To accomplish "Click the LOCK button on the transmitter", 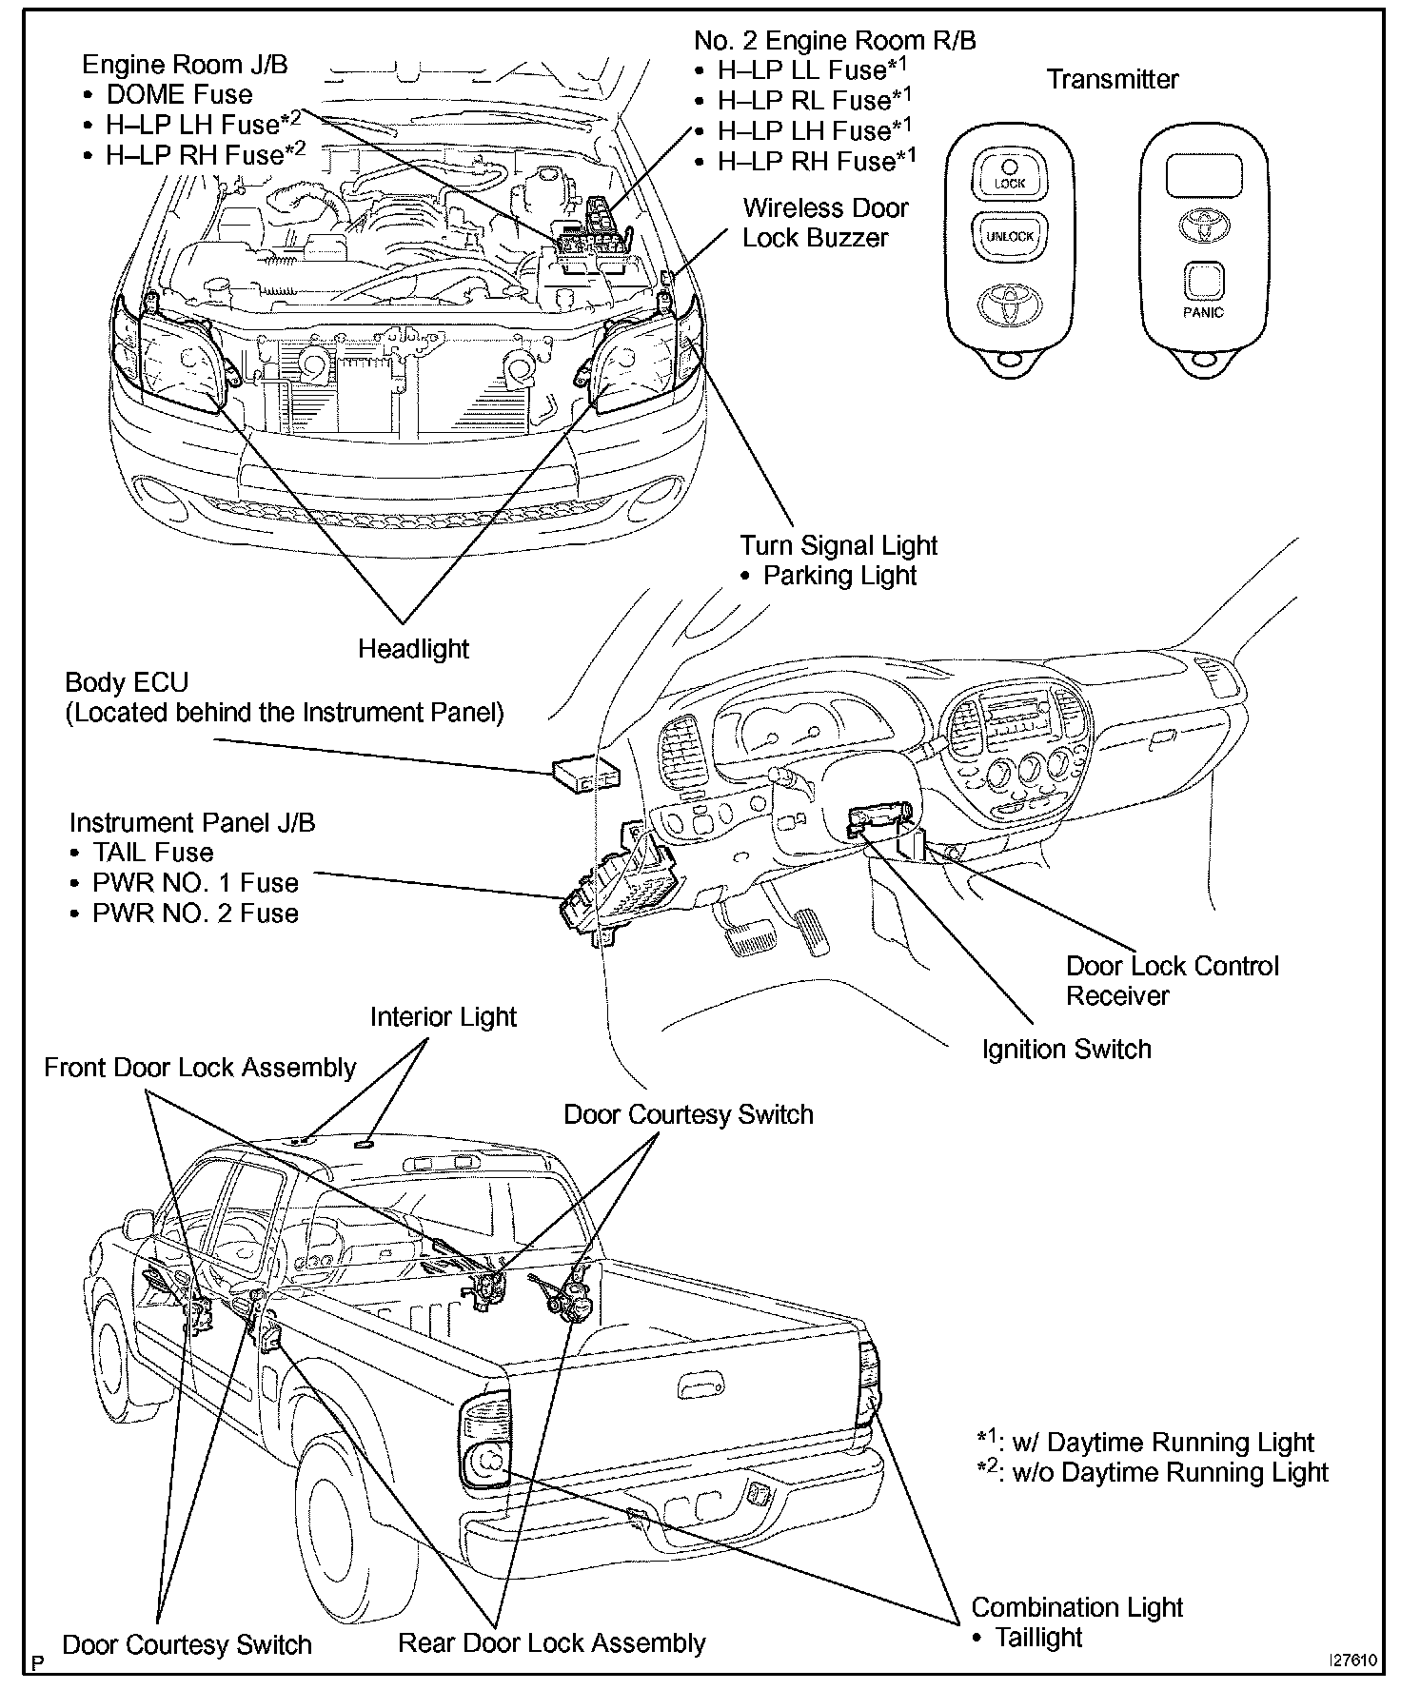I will pos(1009,176).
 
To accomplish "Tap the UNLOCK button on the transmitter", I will pos(1009,235).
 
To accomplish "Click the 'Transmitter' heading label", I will pos(1112,79).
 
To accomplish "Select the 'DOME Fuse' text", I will pos(179,94).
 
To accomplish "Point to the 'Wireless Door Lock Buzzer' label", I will pos(824,223).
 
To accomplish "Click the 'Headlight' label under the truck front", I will pos(413,649).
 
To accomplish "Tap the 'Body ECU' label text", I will pos(127,682).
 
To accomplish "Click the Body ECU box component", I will pos(583,776).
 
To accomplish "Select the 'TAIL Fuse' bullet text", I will pos(152,853).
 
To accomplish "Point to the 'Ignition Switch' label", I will pos(1066,1050).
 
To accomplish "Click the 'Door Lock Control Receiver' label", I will pos(1172,981).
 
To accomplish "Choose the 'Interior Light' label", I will pos(443,1017).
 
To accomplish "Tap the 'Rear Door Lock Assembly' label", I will pos(551,1643).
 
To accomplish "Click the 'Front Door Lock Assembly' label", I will pos(200,1068).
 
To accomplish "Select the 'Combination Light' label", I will pos(1076,1607).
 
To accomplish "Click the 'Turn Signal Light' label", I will pos(839,545).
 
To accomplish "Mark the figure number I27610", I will pos(1352,1661).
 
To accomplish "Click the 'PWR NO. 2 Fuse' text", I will pos(195,914).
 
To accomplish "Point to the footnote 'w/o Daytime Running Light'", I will pos(1169,1472).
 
